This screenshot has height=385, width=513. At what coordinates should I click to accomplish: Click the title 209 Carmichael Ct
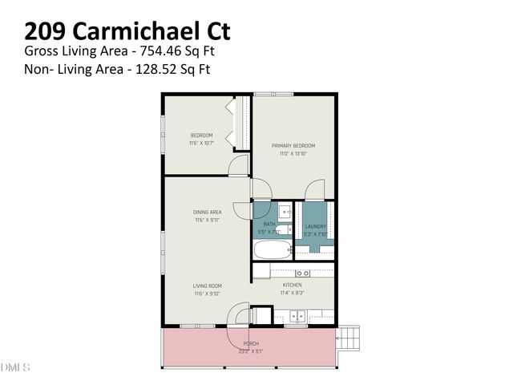(127, 30)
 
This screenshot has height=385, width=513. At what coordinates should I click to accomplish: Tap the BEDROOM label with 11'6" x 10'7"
(201, 135)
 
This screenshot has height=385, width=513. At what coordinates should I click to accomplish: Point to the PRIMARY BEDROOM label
(293, 145)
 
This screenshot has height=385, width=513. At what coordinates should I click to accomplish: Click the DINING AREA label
(207, 212)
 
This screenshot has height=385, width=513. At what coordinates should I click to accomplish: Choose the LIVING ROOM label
(207, 286)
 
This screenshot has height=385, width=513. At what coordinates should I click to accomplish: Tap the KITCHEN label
(292, 286)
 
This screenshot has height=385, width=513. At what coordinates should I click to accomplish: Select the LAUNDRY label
(316, 226)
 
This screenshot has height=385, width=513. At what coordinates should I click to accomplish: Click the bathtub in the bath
(270, 250)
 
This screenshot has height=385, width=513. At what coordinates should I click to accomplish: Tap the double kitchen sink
(297, 315)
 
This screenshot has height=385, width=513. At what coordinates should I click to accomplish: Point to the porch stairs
(349, 336)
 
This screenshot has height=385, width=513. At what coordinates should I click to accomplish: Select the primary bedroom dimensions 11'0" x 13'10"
(293, 153)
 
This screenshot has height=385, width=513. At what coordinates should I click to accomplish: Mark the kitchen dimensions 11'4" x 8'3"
(292, 294)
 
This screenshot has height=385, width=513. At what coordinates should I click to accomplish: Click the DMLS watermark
(14, 367)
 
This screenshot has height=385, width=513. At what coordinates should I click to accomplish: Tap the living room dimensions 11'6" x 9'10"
(207, 294)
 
